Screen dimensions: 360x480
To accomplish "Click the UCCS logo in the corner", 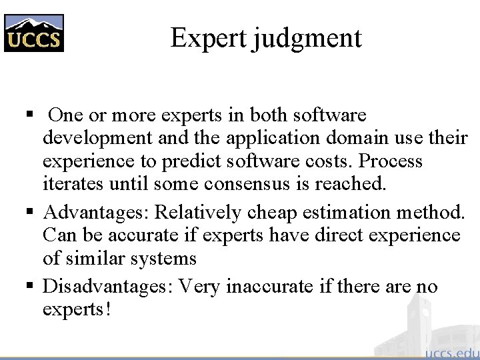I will [x=34, y=33].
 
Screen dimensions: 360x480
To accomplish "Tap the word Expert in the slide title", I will [x=209, y=37].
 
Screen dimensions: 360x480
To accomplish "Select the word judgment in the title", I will [x=307, y=39].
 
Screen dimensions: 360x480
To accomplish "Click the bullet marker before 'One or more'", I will [x=29, y=115].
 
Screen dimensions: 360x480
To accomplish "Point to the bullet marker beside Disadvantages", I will [x=29, y=287].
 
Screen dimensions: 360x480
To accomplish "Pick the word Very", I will [x=201, y=287].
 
